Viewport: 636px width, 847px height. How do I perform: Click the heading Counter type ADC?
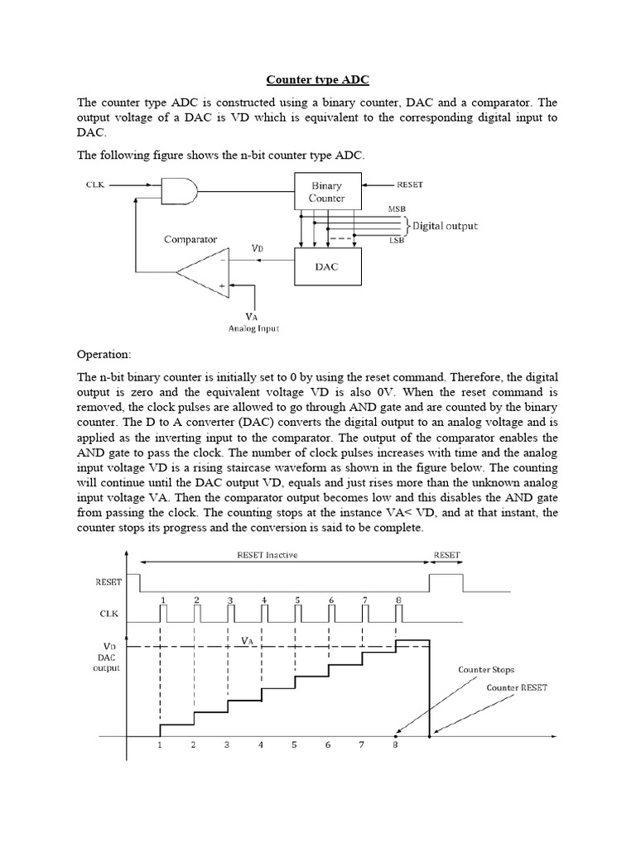318,80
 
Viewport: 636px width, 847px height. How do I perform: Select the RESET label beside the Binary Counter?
409,185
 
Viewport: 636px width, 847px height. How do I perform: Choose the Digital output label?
446,225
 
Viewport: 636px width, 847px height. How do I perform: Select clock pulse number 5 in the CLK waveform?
297,613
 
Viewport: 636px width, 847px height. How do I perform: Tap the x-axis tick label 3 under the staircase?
227,744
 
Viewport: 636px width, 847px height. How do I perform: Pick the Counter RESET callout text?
516,687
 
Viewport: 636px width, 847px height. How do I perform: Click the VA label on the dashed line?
248,640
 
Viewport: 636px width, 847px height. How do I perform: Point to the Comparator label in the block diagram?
190,239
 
